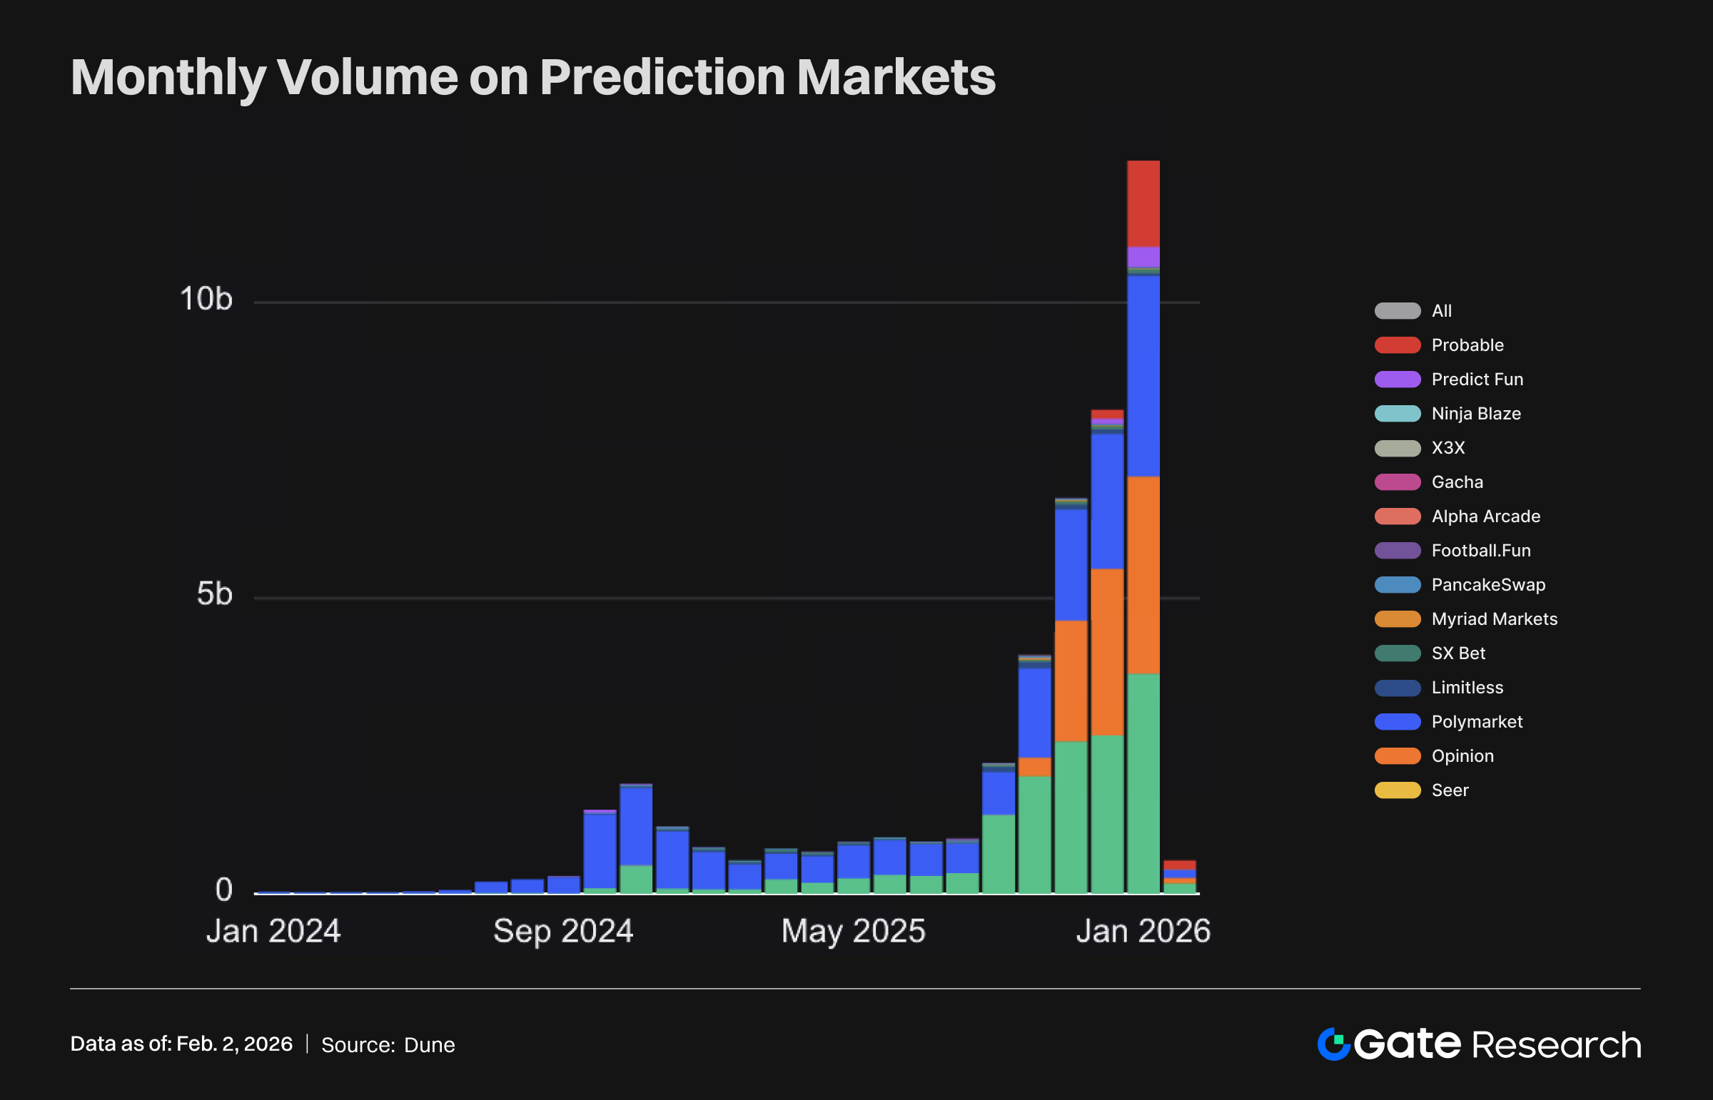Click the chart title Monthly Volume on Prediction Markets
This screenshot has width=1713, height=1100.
point(532,77)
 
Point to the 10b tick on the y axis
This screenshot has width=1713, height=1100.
point(206,299)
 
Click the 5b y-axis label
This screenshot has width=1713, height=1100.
point(214,594)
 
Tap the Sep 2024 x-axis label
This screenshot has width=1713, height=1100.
point(563,931)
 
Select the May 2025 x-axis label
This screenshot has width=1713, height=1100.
point(853,931)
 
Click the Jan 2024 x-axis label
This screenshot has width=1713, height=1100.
point(273,931)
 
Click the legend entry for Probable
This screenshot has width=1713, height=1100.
point(1467,345)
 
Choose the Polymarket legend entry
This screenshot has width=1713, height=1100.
point(1476,721)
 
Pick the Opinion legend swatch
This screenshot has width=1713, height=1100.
point(1397,755)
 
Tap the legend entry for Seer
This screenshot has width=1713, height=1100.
point(1450,790)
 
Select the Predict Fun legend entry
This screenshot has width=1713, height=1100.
point(1477,380)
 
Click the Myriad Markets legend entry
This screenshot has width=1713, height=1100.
point(1494,618)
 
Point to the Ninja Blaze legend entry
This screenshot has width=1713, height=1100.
point(1475,414)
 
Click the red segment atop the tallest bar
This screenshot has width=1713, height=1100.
point(1143,203)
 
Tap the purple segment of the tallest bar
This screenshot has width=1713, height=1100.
point(1143,256)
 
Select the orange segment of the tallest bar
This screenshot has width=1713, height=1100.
point(1143,575)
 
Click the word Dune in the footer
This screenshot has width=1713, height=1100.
point(429,1045)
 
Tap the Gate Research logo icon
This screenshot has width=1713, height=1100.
point(1333,1044)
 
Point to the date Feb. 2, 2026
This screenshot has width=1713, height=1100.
point(234,1044)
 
